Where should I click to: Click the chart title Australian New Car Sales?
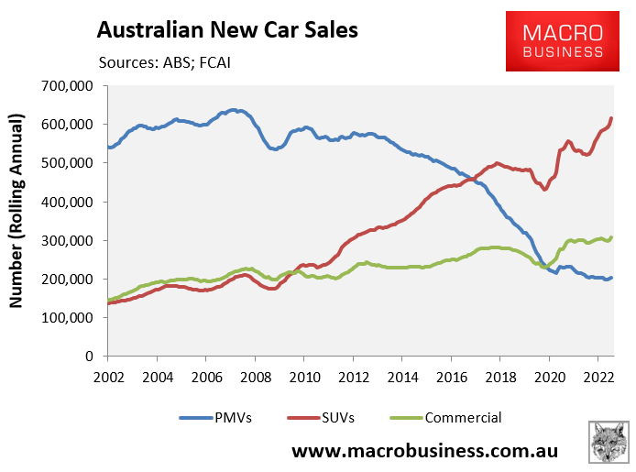pyautogui.click(x=227, y=31)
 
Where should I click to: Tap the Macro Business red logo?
pyautogui.click(x=563, y=41)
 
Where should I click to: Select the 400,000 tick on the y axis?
pyautogui.click(x=72, y=202)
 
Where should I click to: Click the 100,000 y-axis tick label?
pyautogui.click(x=72, y=318)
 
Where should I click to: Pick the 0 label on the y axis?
pyautogui.click(x=96, y=357)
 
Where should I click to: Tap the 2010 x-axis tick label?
pyautogui.click(x=304, y=376)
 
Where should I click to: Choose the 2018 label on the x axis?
pyautogui.click(x=499, y=376)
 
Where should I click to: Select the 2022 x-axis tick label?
pyautogui.click(x=597, y=376)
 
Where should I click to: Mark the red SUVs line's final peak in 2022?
pyautogui.click(x=611, y=118)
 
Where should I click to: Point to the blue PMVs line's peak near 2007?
pyautogui.click(x=234, y=110)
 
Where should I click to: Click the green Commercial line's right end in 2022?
pyautogui.click(x=611, y=237)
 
